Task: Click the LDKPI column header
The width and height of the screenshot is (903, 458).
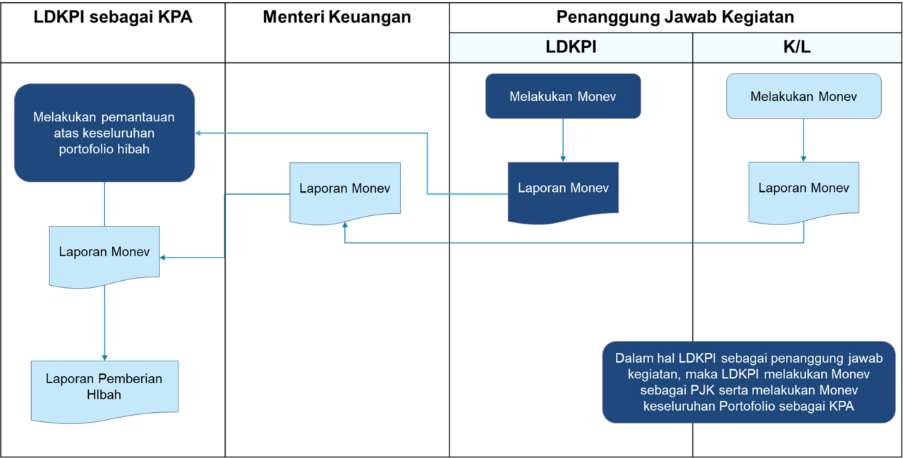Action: pyautogui.click(x=571, y=47)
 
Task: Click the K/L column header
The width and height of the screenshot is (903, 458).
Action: pyautogui.click(x=797, y=47)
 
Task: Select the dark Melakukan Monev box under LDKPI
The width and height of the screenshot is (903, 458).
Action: pyautogui.click(x=563, y=96)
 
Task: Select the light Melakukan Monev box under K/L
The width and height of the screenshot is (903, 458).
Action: pyautogui.click(x=804, y=96)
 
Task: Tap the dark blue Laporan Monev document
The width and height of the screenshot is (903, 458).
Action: pyautogui.click(x=563, y=188)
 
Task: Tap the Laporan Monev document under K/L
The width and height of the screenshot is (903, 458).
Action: pyautogui.click(x=804, y=188)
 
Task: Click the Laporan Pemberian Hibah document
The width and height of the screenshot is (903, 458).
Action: pyautogui.click(x=104, y=386)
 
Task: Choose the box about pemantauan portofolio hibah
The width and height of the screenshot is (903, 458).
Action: pyautogui.click(x=104, y=133)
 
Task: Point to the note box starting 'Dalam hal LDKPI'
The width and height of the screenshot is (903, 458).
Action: pyautogui.click(x=749, y=382)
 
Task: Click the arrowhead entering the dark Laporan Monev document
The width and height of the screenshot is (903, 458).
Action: pyautogui.click(x=563, y=157)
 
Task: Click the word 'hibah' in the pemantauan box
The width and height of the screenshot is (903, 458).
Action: pyautogui.click(x=133, y=149)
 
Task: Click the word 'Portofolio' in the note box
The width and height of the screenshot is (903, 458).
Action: pyautogui.click(x=749, y=406)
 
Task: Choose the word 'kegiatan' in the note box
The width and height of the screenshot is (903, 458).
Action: pyautogui.click(x=650, y=373)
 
